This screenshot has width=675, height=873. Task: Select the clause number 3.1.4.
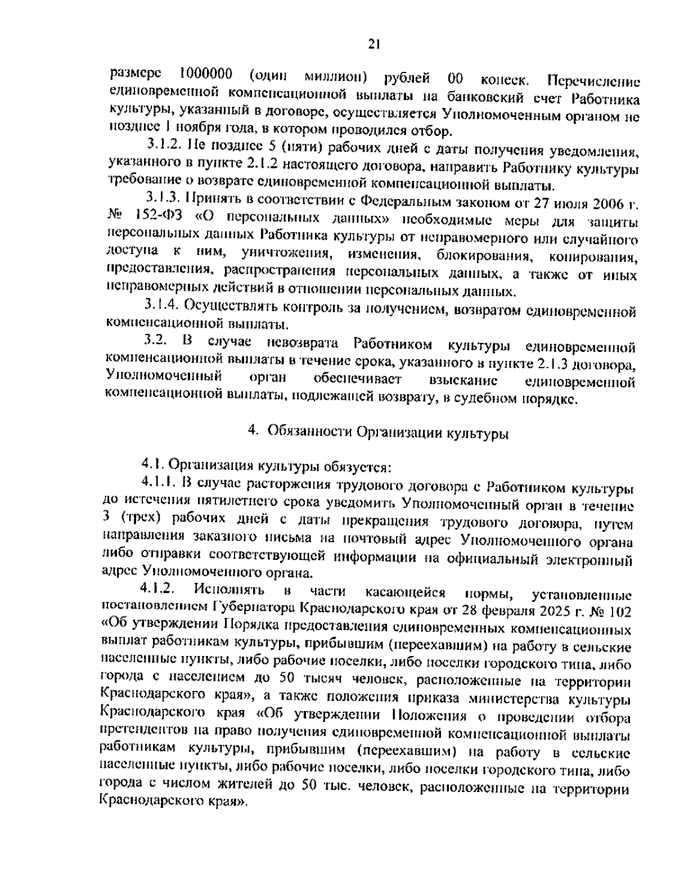163,305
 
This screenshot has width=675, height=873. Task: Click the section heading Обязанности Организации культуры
388,433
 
